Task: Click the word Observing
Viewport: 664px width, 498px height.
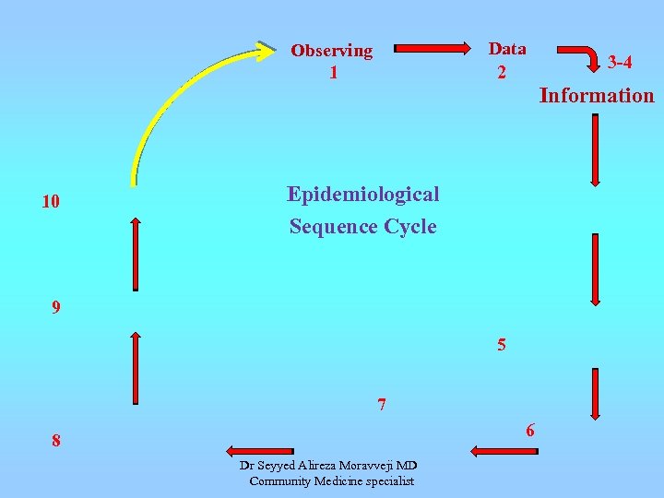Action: pyautogui.click(x=332, y=51)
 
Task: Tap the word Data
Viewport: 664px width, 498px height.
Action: pyautogui.click(x=507, y=49)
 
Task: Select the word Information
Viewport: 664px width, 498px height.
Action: pyautogui.click(x=597, y=95)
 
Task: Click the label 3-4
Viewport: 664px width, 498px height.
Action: pyautogui.click(x=620, y=63)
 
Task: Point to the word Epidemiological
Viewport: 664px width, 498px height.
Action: pyautogui.click(x=362, y=195)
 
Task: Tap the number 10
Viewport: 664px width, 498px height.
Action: pyautogui.click(x=51, y=201)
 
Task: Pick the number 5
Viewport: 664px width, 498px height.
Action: pyautogui.click(x=501, y=346)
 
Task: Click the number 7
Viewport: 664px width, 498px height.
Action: pyautogui.click(x=382, y=404)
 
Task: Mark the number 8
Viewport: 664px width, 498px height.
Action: pyautogui.click(x=56, y=442)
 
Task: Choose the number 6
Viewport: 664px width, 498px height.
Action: pyautogui.click(x=530, y=430)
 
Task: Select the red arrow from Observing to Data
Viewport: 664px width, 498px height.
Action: pyautogui.click(x=433, y=48)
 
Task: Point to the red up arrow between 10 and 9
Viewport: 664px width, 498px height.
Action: pyautogui.click(x=136, y=254)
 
